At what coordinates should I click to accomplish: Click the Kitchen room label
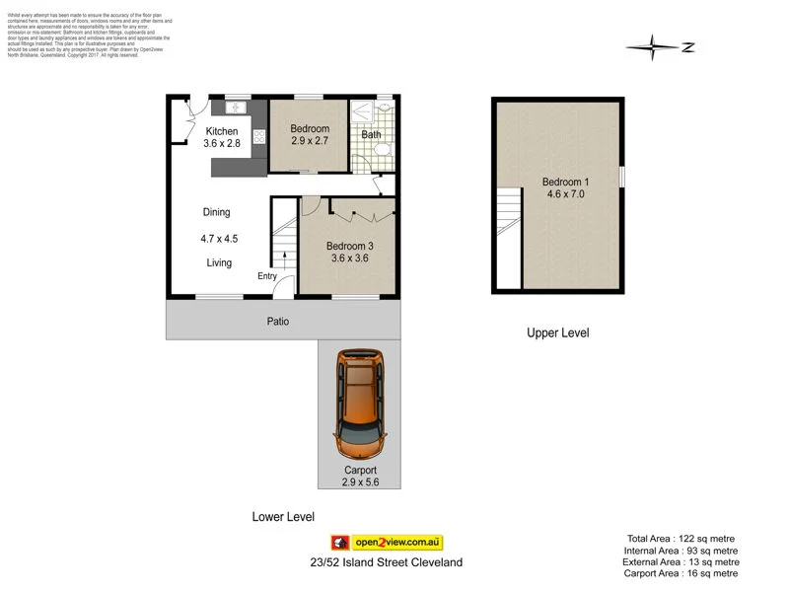point(221,131)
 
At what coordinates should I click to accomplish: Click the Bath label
point(371,135)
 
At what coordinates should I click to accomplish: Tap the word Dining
point(216,212)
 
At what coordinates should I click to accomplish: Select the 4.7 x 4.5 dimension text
point(219,238)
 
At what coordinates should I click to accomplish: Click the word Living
point(219,263)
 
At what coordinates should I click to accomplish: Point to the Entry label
point(267,276)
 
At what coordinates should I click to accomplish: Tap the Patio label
point(277,321)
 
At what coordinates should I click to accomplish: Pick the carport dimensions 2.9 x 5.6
point(361,482)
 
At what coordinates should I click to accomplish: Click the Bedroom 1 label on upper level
point(566,182)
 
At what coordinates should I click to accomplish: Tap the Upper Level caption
point(557,333)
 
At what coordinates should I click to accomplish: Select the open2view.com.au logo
point(387,543)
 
